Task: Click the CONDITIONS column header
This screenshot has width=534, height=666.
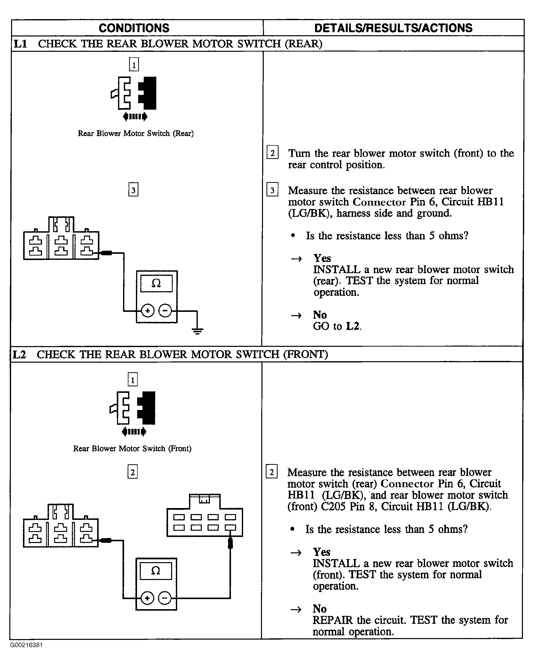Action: (x=134, y=28)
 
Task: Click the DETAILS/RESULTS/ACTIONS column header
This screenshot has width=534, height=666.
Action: (x=393, y=28)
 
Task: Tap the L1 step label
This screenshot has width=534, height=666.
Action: (x=21, y=44)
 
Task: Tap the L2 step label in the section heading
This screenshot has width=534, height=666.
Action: (x=19, y=354)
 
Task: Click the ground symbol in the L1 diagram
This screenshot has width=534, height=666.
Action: (x=197, y=331)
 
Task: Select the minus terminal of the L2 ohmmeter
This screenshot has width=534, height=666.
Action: (x=164, y=598)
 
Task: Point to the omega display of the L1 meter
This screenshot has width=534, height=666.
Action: (x=156, y=283)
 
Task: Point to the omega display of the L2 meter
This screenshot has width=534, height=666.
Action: (x=156, y=571)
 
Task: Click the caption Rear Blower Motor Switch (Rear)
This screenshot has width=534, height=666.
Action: (x=136, y=134)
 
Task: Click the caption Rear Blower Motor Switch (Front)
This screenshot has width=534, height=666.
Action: (x=132, y=448)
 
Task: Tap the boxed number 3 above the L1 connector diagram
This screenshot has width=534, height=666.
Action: (x=133, y=190)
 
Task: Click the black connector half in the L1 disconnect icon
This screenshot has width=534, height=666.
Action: (x=148, y=93)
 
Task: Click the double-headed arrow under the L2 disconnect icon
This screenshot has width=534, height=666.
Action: (x=134, y=432)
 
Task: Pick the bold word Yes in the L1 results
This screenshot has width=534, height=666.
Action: (x=322, y=258)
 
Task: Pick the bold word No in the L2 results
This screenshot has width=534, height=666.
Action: (x=320, y=609)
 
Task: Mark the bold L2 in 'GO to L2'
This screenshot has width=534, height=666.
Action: (x=353, y=326)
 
